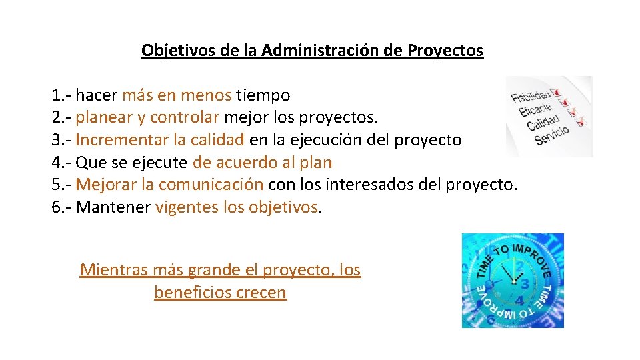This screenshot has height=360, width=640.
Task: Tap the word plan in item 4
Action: click(x=317, y=163)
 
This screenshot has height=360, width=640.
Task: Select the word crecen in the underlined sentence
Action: click(x=264, y=293)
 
